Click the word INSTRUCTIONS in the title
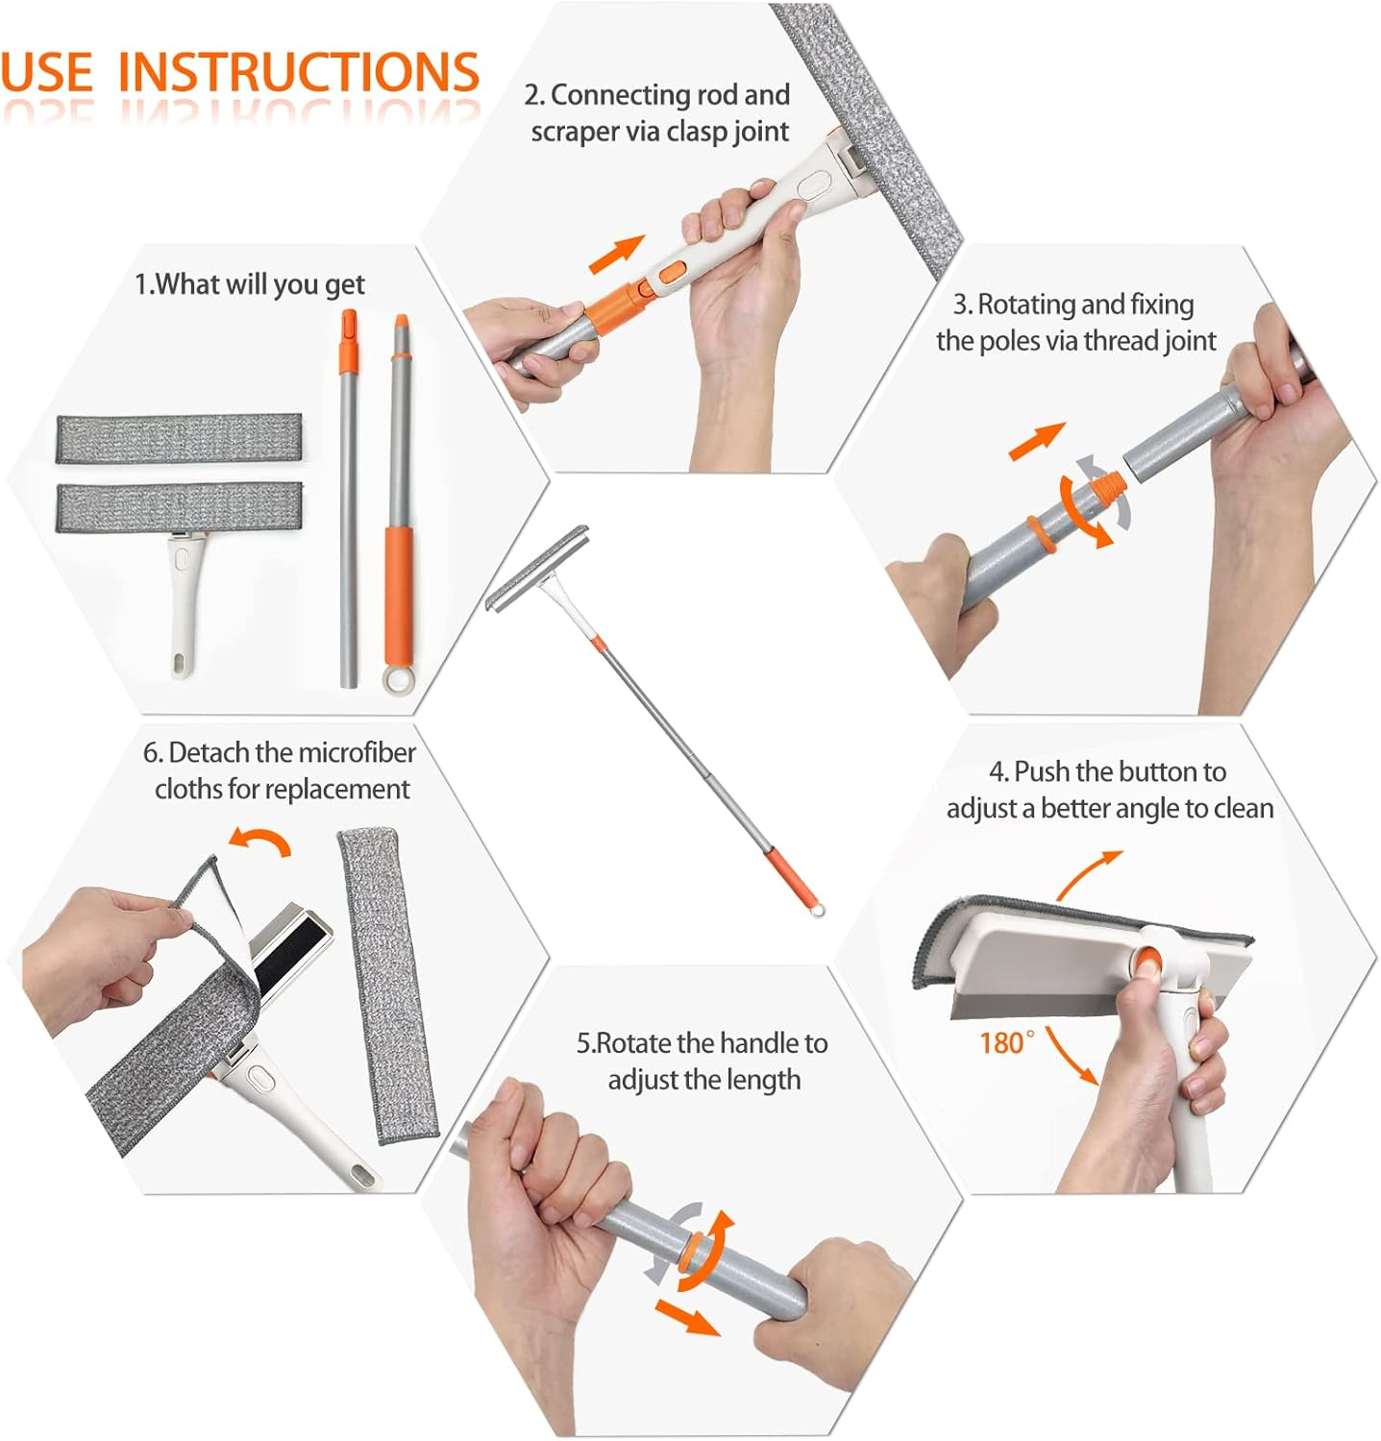pyautogui.click(x=298, y=72)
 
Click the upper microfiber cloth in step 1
pyautogui.click(x=179, y=438)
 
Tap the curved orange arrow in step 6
pyautogui.click(x=260, y=842)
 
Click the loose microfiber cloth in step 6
pyautogui.click(x=387, y=985)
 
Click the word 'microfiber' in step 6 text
pyautogui.click(x=357, y=752)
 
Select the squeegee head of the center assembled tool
pyautogui.click(x=537, y=573)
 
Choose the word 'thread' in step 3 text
pyautogui.click(x=1122, y=341)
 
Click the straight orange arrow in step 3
pyautogui.click(x=1037, y=441)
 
